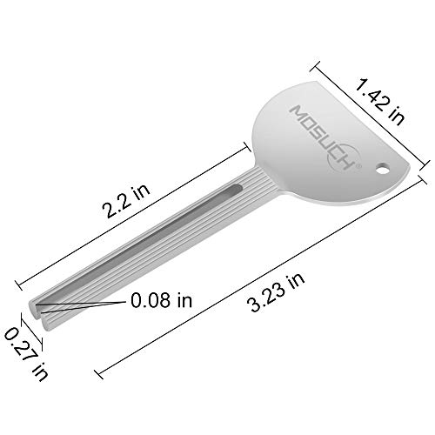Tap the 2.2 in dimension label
pyautogui.click(x=127, y=200)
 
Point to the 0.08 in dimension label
pyautogui.click(x=161, y=300)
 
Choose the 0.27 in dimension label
pyautogui.click(x=26, y=354)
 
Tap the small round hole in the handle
pyautogui.click(x=383, y=169)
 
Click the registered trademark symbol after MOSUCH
pyautogui.click(x=358, y=165)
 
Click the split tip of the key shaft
pyautogui.click(x=38, y=315)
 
